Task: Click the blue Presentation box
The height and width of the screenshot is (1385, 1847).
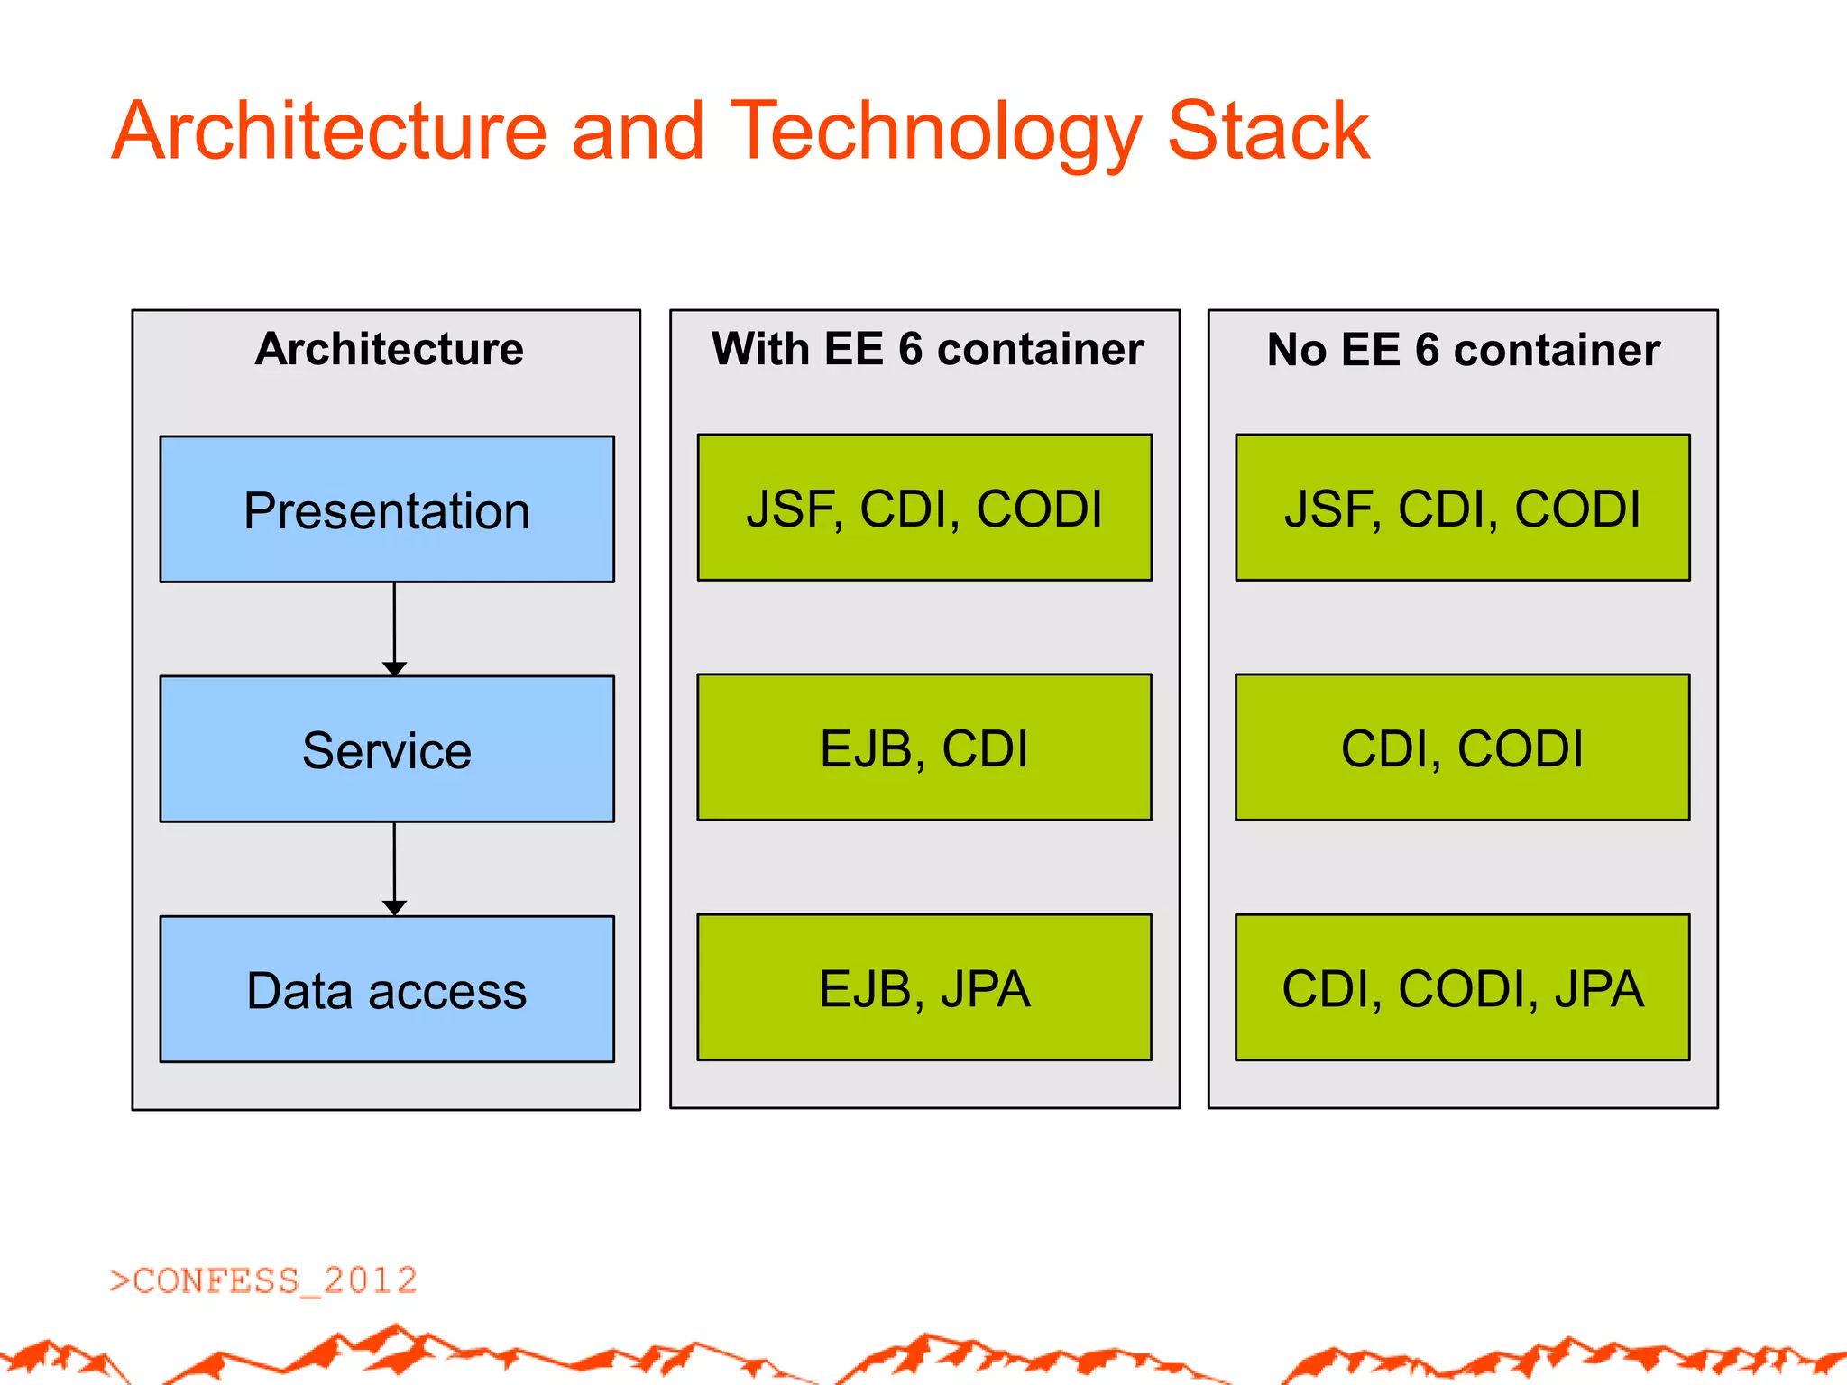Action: click(x=387, y=510)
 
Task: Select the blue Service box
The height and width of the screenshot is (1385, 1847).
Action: click(x=387, y=749)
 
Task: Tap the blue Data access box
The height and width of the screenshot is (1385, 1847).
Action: click(x=387, y=990)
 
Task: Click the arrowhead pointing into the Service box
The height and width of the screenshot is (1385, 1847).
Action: click(x=394, y=668)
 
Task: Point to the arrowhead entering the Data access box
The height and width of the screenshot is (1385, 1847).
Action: click(x=394, y=907)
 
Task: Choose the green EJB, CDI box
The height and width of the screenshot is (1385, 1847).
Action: click(x=924, y=748)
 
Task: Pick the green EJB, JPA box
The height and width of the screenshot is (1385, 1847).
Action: click(x=924, y=988)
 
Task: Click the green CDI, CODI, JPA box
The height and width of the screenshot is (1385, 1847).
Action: click(x=1462, y=988)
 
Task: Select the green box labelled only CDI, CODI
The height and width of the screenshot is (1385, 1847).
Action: click(x=1462, y=748)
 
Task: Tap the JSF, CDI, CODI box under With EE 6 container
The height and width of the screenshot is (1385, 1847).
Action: click(x=924, y=508)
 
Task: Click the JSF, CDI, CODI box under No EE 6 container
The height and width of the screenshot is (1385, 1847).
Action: click(x=1462, y=508)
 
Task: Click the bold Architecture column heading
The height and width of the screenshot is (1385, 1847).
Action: click(x=389, y=349)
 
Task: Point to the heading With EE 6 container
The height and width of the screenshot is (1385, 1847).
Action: click(x=927, y=349)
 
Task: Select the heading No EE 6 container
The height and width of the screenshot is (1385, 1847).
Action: click(x=1463, y=350)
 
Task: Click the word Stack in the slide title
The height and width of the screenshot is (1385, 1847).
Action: click(x=1268, y=132)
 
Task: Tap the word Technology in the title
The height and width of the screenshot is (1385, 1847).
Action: click(x=935, y=132)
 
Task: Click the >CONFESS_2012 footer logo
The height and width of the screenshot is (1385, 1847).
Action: click(x=263, y=1280)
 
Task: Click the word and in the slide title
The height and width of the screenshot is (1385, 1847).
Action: click(x=638, y=132)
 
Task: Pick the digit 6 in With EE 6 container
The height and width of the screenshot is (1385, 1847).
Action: click(x=911, y=350)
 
